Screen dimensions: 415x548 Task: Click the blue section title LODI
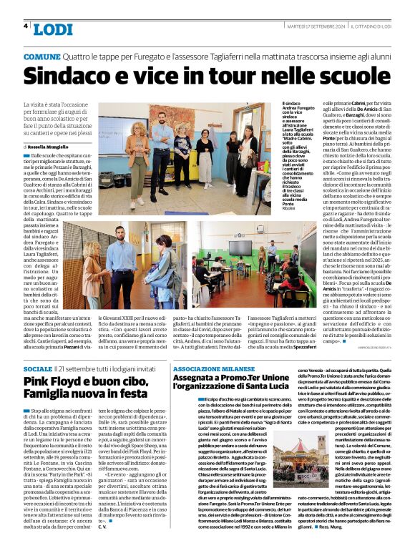(53, 29)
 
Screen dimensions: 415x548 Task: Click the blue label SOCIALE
(38, 368)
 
